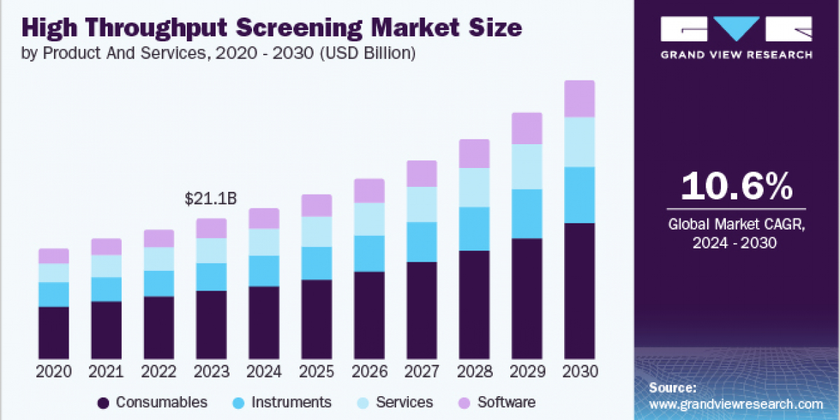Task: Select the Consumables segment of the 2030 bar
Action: point(580,290)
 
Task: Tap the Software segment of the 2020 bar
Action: point(54,255)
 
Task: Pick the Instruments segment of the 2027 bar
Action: point(421,242)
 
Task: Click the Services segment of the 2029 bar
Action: point(527,167)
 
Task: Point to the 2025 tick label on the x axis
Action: point(316,372)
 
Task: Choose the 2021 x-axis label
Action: point(106,372)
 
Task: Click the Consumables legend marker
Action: point(104,402)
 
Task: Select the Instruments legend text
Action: point(291,402)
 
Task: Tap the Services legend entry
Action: point(404,402)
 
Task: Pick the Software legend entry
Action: point(506,402)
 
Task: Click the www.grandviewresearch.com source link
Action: point(736,404)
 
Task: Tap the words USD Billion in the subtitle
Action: point(368,53)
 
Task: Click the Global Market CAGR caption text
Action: point(736,225)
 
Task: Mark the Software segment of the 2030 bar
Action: point(580,99)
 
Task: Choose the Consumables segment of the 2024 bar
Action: point(264,322)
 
